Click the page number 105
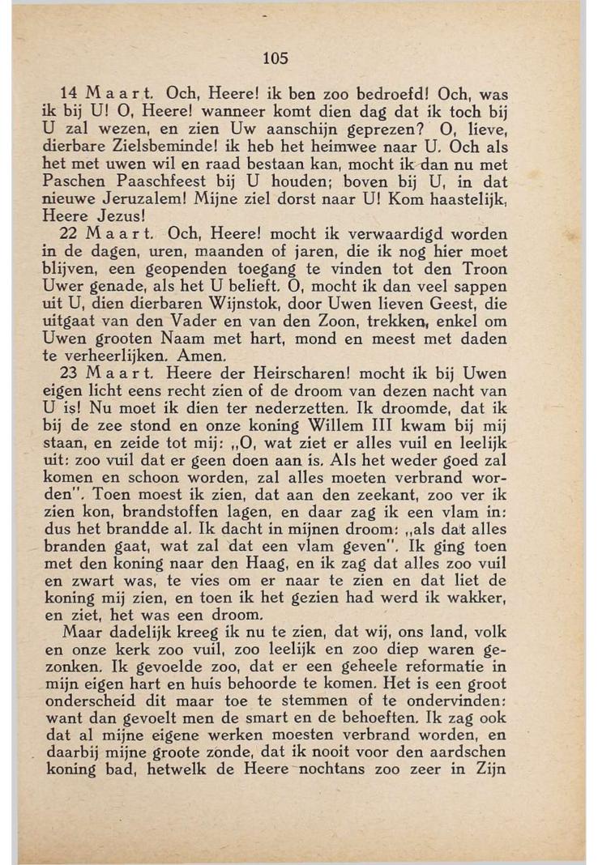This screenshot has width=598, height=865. click(276, 58)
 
